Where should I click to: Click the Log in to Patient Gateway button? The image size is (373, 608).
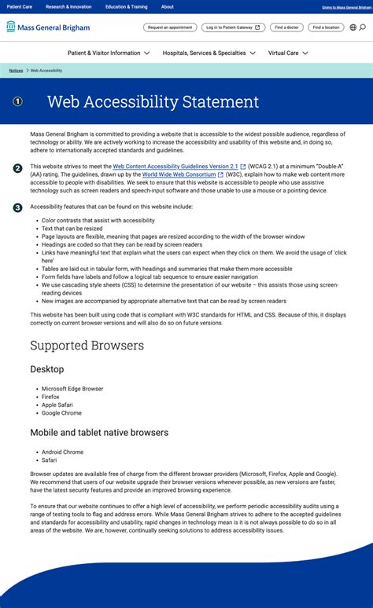click(x=233, y=27)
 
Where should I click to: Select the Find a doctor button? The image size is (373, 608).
click(x=286, y=27)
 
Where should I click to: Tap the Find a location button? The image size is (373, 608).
click(x=325, y=27)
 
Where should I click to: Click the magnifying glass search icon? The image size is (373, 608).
click(x=363, y=27)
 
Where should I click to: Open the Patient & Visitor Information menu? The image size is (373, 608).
click(x=108, y=53)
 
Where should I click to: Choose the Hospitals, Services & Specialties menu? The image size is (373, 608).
click(x=209, y=53)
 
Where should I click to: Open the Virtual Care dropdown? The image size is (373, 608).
click(x=287, y=53)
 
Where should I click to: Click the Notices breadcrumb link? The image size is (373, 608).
click(x=16, y=71)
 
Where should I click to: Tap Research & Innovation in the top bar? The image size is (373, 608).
click(x=68, y=6)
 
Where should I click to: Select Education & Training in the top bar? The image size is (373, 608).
click(x=126, y=6)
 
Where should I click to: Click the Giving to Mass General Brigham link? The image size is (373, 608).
click(x=345, y=7)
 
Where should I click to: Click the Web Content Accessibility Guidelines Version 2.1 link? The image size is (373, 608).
click(x=175, y=167)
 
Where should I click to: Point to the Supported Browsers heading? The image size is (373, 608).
click(x=87, y=346)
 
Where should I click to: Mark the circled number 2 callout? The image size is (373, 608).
click(x=17, y=168)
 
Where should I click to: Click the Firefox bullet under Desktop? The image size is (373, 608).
click(x=50, y=397)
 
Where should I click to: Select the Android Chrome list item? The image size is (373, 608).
click(x=62, y=452)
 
